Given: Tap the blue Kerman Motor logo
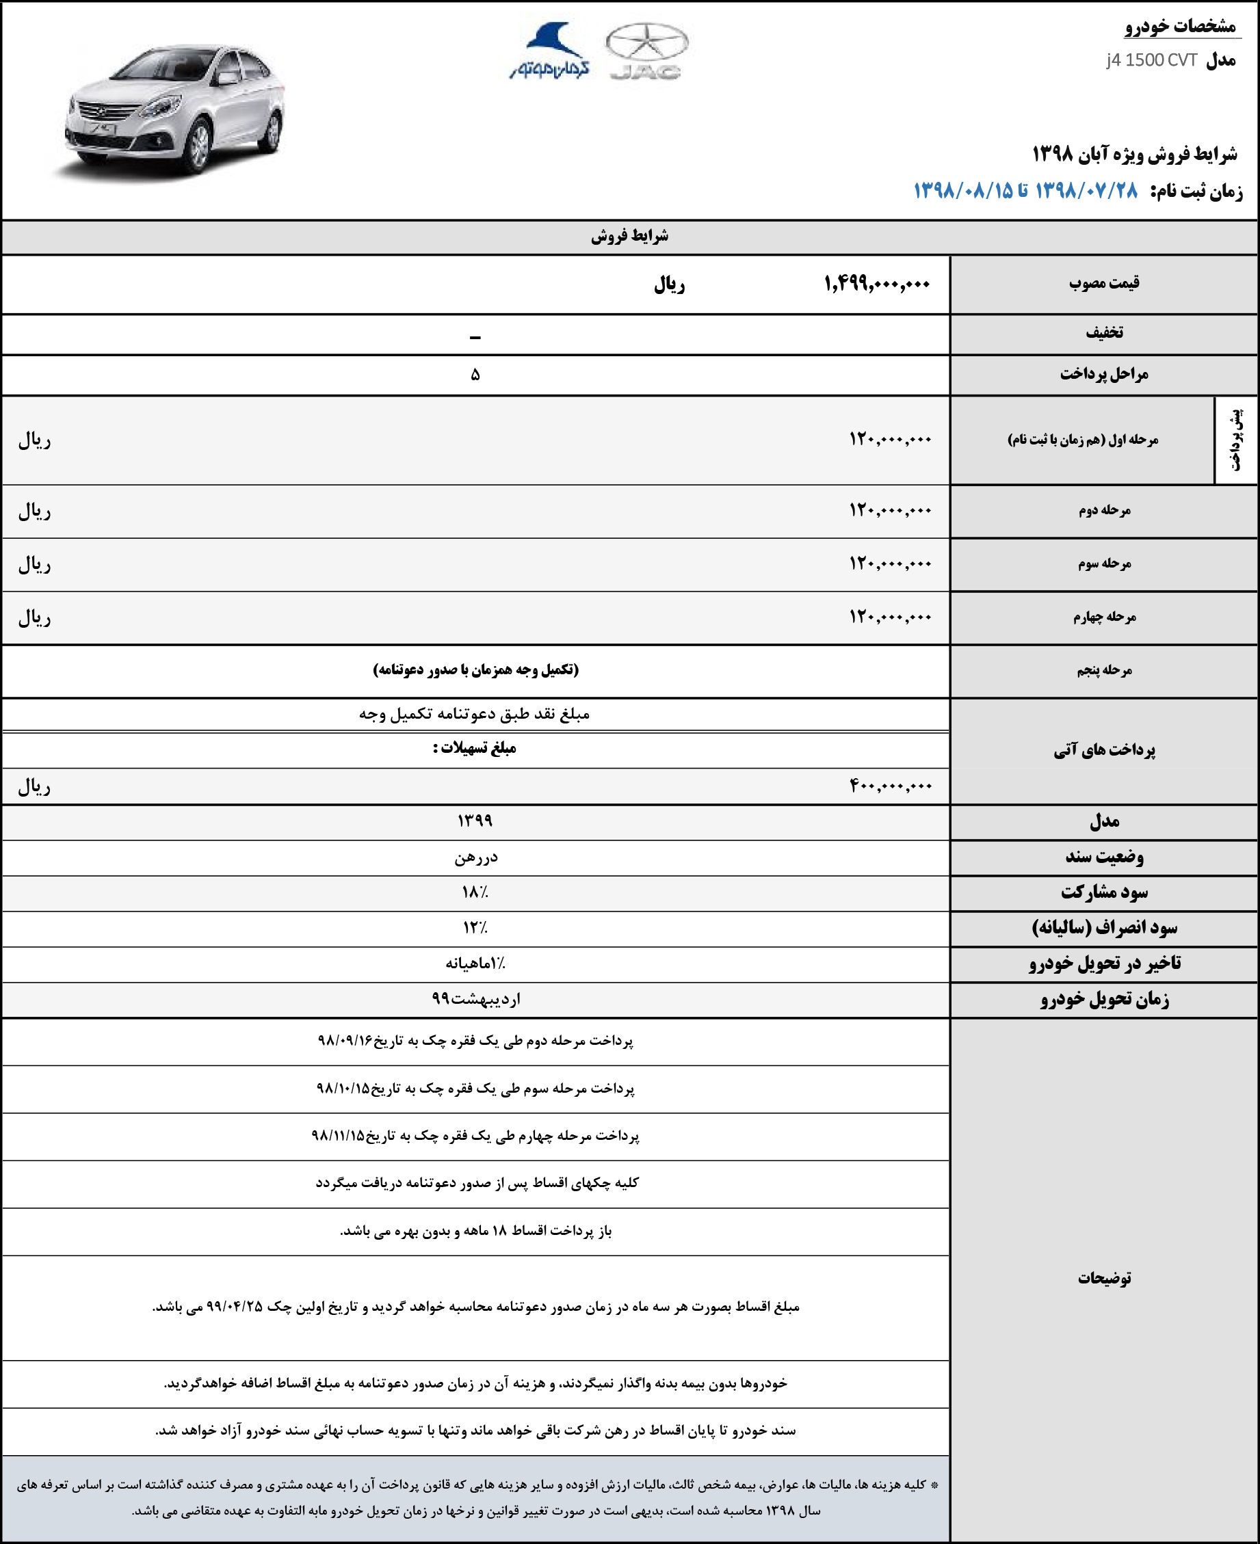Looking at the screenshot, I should click(549, 51).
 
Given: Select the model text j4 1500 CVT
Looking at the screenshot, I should click(1151, 60).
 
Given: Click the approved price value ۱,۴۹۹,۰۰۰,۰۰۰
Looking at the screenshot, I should click(877, 284).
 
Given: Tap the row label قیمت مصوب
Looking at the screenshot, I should click(1103, 283).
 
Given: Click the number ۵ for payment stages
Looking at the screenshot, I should click(475, 375).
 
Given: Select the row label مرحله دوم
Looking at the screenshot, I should click(1104, 511).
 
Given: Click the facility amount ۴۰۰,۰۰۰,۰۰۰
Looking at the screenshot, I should click(891, 786).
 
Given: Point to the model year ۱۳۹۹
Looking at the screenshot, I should click(475, 821).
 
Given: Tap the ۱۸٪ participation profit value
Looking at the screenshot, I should click(475, 892).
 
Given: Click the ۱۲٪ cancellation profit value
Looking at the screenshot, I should click(475, 928).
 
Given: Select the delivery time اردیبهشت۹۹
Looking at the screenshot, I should click(475, 999).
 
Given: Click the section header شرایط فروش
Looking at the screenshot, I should click(629, 237).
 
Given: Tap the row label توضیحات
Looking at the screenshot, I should click(1104, 1278).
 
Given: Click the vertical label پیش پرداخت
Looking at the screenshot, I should click(1236, 440).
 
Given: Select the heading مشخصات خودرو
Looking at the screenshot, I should click(1180, 27).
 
